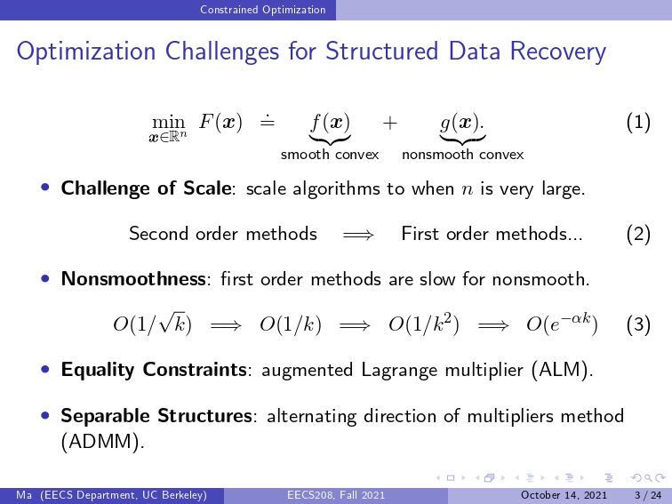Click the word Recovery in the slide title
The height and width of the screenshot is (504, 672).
point(557,52)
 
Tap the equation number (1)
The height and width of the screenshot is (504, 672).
point(638,123)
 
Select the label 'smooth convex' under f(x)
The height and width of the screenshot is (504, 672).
point(330,155)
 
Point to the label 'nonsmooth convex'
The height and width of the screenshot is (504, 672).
point(463,155)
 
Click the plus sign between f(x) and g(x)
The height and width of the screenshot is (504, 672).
point(390,124)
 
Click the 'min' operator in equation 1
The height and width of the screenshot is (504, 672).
point(168,123)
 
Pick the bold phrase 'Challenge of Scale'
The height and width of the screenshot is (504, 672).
point(146,188)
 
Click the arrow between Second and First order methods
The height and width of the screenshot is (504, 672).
point(358,235)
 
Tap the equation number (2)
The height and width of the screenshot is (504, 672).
point(638,234)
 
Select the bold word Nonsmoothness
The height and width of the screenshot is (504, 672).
point(133,279)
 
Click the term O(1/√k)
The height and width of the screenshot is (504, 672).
point(152,324)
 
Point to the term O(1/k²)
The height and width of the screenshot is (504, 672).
point(424,324)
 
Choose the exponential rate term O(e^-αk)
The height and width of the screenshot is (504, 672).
point(562,324)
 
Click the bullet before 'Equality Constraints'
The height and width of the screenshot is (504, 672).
point(45,369)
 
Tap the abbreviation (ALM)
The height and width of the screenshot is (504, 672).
point(562,370)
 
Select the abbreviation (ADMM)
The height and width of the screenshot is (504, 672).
point(102,442)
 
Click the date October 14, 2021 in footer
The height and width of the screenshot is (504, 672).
point(564,495)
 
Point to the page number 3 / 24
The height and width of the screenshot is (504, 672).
point(648,495)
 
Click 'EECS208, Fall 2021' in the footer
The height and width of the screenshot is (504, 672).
point(336,495)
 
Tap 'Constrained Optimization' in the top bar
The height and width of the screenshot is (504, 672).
point(263,10)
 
